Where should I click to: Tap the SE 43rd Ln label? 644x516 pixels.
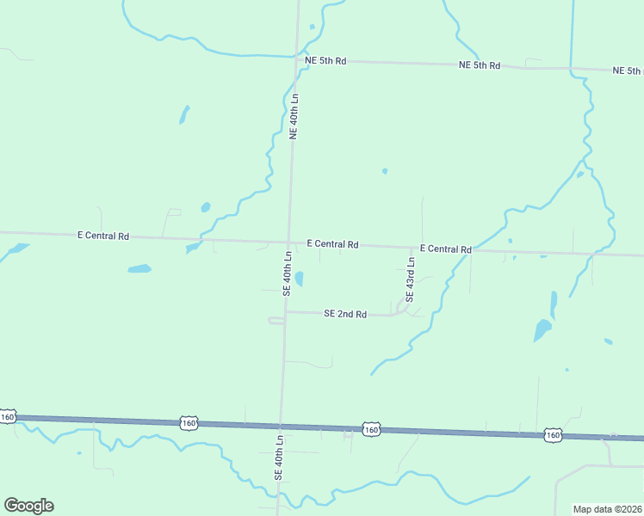point(411,279)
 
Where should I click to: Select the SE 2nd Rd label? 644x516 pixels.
point(345,315)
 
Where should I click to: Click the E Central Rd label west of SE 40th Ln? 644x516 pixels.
point(103,235)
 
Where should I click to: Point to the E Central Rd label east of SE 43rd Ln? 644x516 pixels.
point(445,249)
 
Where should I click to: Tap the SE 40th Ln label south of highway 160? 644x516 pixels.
point(279,457)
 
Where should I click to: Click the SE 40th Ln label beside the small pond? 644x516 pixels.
point(288,273)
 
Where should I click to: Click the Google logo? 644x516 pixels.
point(28,506)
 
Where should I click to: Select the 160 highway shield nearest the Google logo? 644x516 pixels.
point(8,417)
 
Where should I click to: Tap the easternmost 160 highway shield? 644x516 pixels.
point(553,436)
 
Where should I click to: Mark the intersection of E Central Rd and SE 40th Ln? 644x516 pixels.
point(288,242)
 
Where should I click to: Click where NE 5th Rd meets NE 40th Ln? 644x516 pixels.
point(297,60)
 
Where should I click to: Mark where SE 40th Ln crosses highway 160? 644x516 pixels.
point(281,425)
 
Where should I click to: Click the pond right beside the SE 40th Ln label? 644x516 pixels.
point(300,279)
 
